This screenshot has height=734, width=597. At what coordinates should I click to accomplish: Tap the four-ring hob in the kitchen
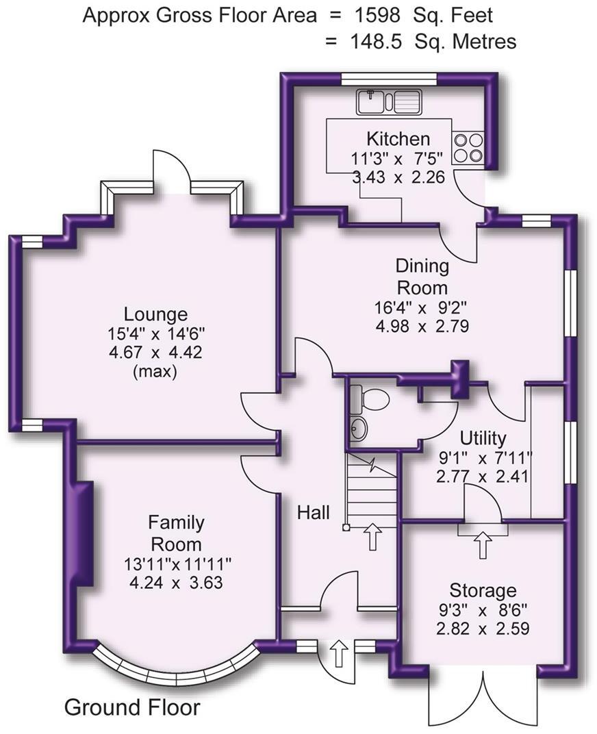468,147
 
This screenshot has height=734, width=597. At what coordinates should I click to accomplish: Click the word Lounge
155,314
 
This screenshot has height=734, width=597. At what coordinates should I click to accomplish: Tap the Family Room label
176,533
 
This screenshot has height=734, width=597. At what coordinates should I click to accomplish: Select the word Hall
314,511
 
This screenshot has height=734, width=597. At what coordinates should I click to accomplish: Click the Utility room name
483,438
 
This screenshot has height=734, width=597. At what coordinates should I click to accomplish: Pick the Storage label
483,590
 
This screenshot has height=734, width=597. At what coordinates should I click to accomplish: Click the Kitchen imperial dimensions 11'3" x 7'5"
398,158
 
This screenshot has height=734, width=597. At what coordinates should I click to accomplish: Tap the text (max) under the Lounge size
155,372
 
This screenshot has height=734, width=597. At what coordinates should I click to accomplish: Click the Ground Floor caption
132,707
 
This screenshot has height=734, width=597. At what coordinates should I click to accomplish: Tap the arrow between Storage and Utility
483,545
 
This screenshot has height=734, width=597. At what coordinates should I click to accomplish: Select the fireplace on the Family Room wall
84,533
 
